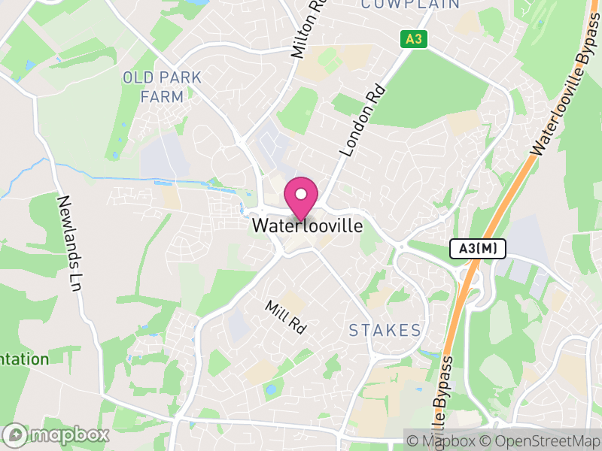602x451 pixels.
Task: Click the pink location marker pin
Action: (x=301, y=195)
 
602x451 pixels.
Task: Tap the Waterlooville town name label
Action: (x=307, y=225)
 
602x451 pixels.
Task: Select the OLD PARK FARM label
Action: (x=163, y=87)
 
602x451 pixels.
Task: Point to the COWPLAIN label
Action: (x=411, y=5)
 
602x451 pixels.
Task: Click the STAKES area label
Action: (x=385, y=330)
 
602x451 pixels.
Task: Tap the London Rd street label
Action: (x=363, y=120)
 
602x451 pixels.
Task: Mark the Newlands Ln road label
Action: (x=70, y=244)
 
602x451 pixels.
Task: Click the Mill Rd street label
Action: (x=286, y=317)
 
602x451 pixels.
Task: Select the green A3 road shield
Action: (x=412, y=39)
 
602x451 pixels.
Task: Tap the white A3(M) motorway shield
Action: (x=478, y=249)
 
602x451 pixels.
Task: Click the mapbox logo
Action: (x=56, y=435)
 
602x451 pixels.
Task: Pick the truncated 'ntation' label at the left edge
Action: (x=24, y=359)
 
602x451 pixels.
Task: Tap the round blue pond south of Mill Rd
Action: (x=270, y=389)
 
